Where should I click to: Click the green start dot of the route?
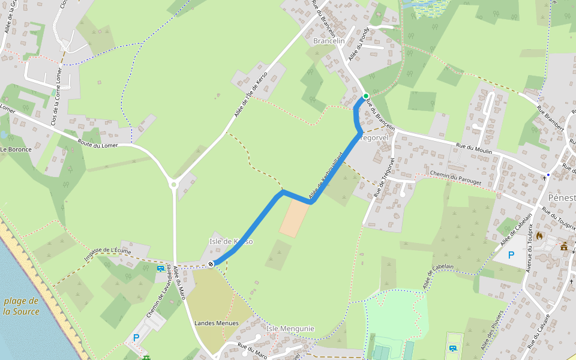click(x=365, y=96)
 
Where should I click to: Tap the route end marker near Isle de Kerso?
click(x=211, y=263)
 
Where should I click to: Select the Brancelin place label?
click(x=329, y=41)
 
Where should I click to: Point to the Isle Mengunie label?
click(x=290, y=329)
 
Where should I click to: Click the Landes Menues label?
click(x=217, y=323)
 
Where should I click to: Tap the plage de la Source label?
click(x=21, y=306)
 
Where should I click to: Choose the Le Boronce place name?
click(x=16, y=149)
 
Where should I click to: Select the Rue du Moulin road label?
click(x=474, y=148)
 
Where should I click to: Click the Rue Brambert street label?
click(x=550, y=118)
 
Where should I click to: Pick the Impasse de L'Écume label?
click(x=104, y=253)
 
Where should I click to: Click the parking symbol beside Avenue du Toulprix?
click(x=511, y=255)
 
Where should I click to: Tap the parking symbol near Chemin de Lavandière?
click(x=136, y=338)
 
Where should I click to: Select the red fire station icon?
click(x=539, y=236)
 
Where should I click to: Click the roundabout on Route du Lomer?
click(x=174, y=185)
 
